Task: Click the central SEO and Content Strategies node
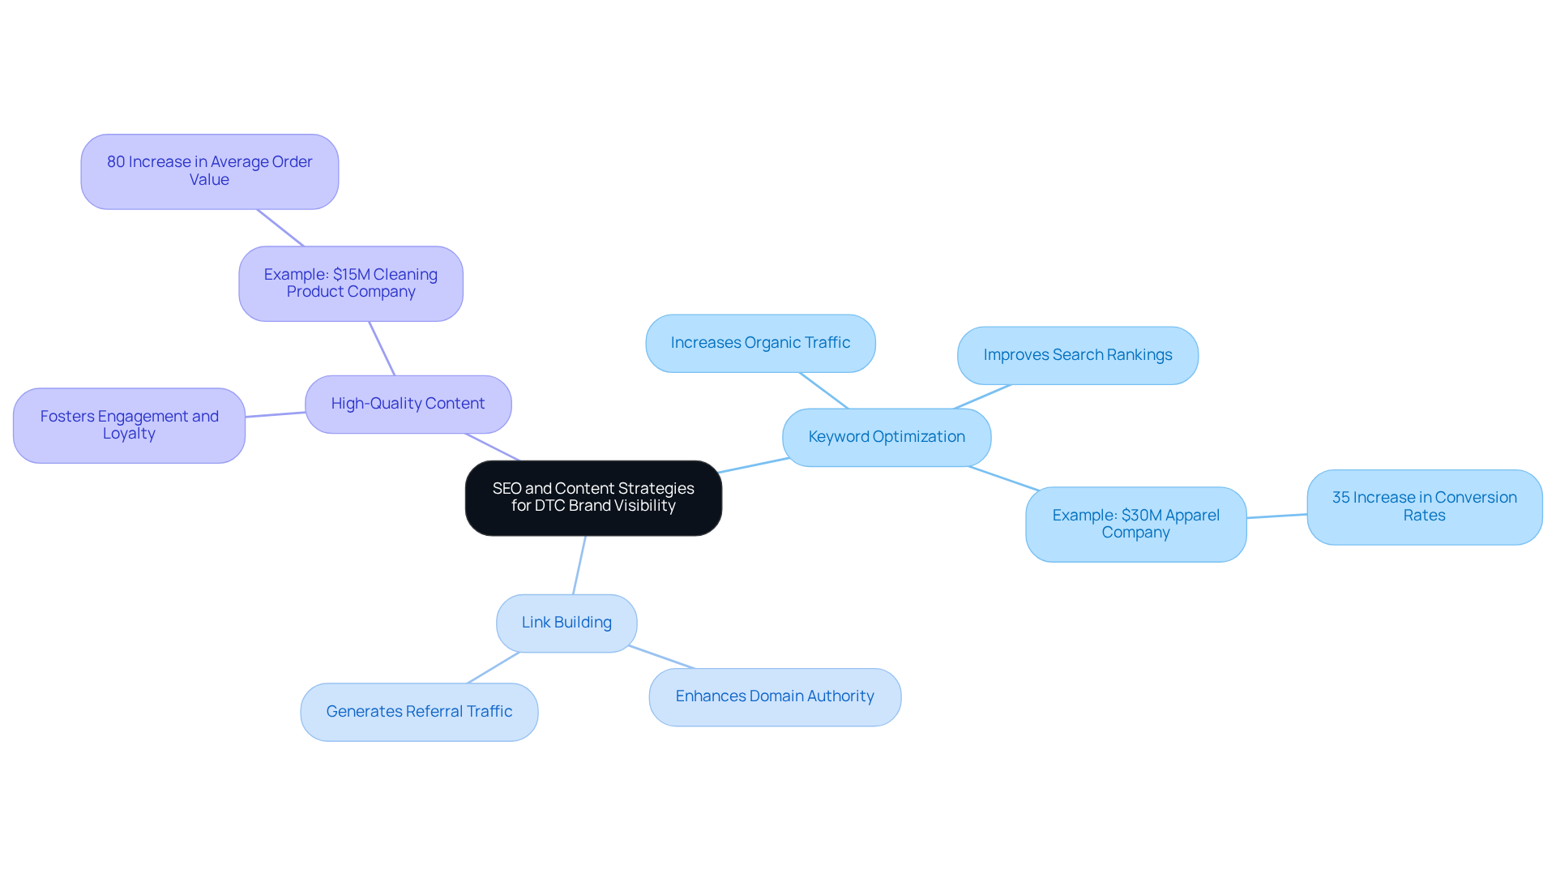coord(593,498)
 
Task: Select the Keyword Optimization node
coord(887,437)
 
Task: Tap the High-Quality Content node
coord(408,404)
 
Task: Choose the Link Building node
coord(566,623)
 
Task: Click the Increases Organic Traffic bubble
coord(760,343)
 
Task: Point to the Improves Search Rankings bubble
coord(1077,355)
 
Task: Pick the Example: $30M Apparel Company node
coord(1135,524)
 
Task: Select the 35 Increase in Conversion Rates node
coord(1424,507)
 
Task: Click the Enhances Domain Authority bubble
coord(775,696)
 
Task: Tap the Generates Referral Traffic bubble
coord(419,712)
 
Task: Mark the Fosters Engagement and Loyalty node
coord(129,425)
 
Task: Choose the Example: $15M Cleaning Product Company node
coord(351,283)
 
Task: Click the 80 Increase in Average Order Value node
coord(209,171)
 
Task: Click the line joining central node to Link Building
coord(579,565)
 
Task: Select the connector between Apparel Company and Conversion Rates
coord(1277,516)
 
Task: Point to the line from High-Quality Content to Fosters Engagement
coord(276,414)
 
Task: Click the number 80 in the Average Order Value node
coord(116,162)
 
